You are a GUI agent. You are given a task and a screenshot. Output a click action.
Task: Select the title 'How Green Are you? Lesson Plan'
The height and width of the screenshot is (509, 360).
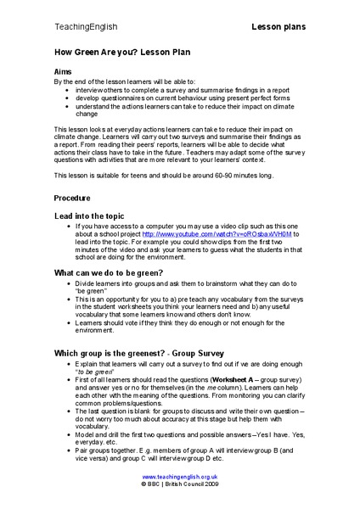[117, 53]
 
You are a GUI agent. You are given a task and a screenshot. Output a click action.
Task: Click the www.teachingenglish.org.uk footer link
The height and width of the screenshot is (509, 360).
[179, 478]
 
